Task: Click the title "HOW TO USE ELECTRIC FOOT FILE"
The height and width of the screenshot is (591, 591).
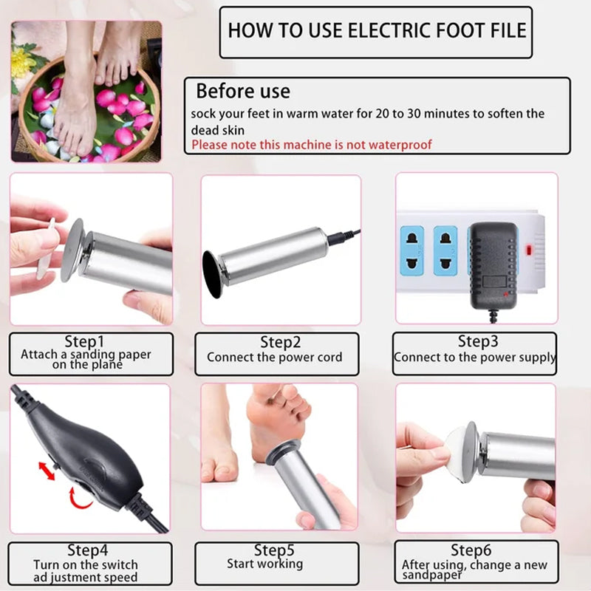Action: (x=377, y=31)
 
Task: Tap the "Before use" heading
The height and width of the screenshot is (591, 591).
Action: (x=242, y=92)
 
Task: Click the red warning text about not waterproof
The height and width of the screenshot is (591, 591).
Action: (x=312, y=145)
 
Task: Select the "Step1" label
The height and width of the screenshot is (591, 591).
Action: (x=86, y=342)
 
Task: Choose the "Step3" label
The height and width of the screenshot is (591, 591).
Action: (x=478, y=341)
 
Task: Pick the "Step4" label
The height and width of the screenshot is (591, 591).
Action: (x=87, y=550)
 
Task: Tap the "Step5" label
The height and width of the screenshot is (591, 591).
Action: (x=275, y=550)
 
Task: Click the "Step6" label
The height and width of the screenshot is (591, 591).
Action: (x=472, y=550)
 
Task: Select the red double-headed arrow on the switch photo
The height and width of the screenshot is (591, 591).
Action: (x=47, y=470)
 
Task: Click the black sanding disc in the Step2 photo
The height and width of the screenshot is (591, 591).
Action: (x=212, y=274)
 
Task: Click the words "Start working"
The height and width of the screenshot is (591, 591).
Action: (x=265, y=564)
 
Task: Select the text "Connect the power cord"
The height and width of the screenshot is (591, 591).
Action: (x=275, y=357)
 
